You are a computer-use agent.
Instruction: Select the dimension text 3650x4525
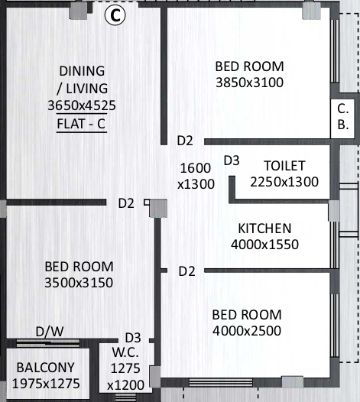81,105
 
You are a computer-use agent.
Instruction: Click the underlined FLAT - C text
81,122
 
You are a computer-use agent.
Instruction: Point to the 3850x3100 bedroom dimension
249,82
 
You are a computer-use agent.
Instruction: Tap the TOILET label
284,166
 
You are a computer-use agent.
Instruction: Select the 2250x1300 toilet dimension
284,181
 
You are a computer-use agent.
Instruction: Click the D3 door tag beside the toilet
232,160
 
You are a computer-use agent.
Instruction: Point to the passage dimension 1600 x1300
196,176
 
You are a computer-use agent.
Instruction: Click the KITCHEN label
264,229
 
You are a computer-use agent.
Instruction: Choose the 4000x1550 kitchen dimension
264,245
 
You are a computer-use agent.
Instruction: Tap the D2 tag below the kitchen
186,271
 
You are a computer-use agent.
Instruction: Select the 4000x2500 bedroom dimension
247,330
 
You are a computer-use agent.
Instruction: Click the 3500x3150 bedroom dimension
79,283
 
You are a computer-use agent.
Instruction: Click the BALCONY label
41,367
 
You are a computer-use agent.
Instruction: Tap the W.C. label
125,353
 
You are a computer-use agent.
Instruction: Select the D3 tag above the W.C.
133,337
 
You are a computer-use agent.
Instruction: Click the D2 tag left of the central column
126,203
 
